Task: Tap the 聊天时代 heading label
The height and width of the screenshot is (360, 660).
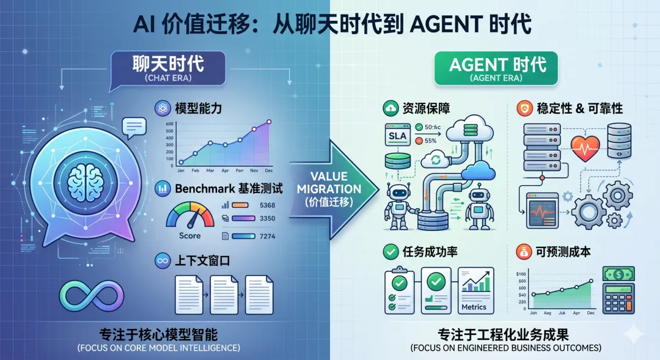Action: pyautogui.click(x=168, y=66)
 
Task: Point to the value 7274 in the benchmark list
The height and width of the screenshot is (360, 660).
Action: pyautogui.click(x=268, y=236)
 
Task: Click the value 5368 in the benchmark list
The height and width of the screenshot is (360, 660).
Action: pyautogui.click(x=268, y=205)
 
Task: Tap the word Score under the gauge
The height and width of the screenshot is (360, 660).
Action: pyautogui.click(x=190, y=235)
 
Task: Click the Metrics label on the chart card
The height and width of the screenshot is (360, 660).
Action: pyautogui.click(x=475, y=307)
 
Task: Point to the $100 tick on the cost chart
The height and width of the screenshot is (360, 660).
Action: pyautogui.click(x=521, y=274)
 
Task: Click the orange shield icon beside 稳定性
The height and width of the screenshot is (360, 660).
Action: pyautogui.click(x=524, y=109)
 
